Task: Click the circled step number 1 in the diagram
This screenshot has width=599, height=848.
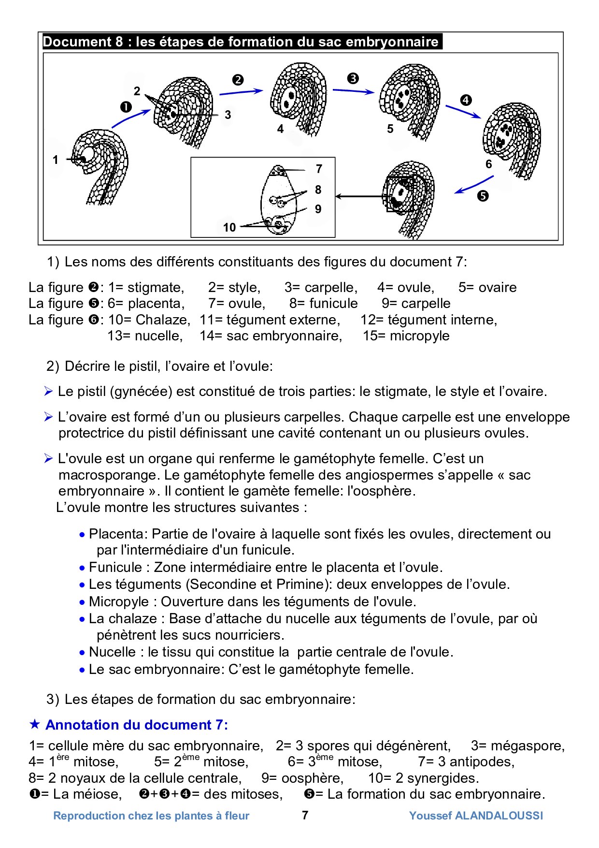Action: [126, 107]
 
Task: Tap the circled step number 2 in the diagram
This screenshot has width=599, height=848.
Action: [238, 80]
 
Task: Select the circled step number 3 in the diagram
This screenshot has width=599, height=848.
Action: [353, 78]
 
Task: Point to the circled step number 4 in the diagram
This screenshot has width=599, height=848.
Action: [466, 101]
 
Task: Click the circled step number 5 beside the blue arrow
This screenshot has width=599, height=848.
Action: [483, 196]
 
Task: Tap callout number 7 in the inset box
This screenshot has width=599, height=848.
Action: [319, 169]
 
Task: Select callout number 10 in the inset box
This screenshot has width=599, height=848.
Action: [229, 227]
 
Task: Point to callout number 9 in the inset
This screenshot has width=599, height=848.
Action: [318, 209]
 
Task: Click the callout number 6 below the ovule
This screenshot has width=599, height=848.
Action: [488, 164]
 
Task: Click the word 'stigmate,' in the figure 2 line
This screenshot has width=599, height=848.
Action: [156, 288]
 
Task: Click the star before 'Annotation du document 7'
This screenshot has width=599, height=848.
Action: [35, 725]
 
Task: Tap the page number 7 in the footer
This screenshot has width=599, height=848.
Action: [305, 816]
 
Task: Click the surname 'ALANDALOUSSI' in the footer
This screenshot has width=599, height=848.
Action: [499, 816]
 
